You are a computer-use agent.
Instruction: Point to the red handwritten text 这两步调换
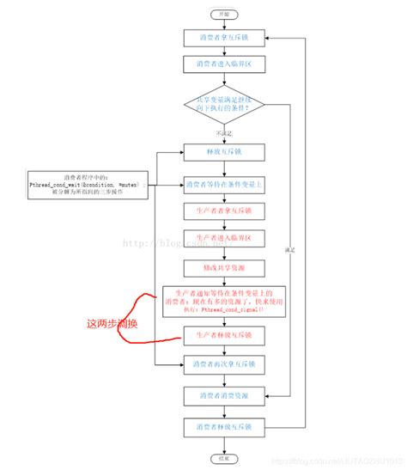click(x=114, y=324)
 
